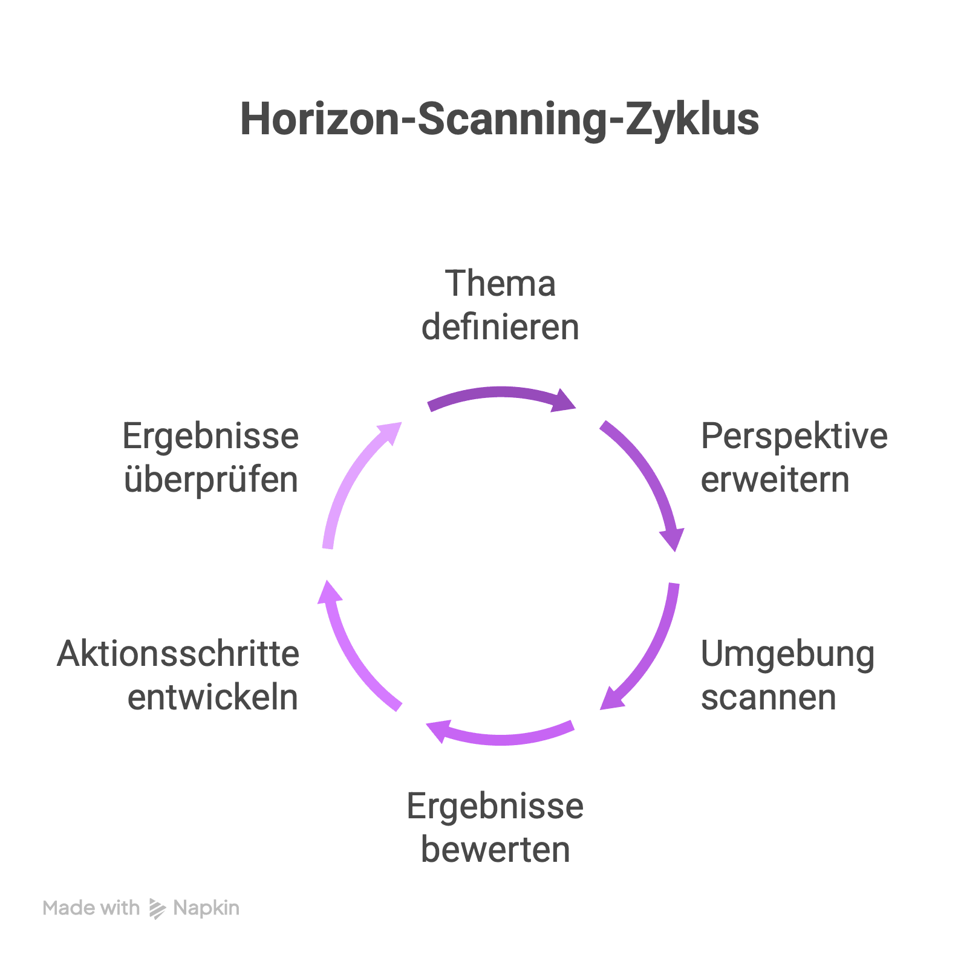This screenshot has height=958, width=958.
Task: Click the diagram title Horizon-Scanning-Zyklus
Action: point(500,119)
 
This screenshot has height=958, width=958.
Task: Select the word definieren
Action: point(500,327)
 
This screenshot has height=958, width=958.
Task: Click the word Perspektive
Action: point(793,436)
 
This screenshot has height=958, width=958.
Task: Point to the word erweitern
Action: point(775,480)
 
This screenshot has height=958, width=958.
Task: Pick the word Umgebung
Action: point(787,654)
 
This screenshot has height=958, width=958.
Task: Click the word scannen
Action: point(768,697)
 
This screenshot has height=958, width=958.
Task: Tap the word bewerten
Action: point(495,849)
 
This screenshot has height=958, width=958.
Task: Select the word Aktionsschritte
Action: point(178,654)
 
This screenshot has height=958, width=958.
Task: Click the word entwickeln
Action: point(213,697)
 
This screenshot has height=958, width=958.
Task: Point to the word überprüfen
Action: point(211,480)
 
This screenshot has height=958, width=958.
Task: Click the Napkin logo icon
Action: point(157,908)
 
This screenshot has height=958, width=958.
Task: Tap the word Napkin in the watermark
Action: point(206,908)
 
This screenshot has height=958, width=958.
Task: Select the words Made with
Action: point(91,908)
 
